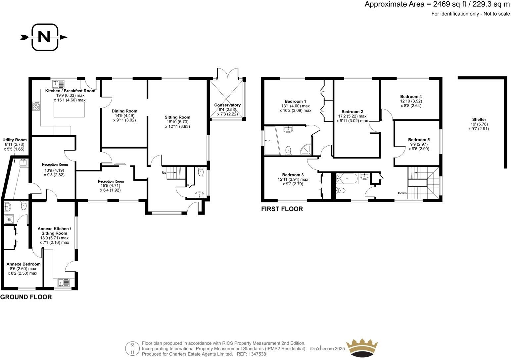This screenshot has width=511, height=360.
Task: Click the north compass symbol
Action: coord(44,37)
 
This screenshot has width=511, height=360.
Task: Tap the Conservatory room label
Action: coord(227,105)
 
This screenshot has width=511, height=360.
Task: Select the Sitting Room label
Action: coord(177,117)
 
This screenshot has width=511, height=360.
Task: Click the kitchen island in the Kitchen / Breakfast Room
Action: coord(69,110)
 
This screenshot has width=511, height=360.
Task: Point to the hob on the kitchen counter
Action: coord(36,106)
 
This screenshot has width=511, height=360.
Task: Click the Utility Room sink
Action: coord(23,162)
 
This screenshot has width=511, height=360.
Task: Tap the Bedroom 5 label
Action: coord(419,140)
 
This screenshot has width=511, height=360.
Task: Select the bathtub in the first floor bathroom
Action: coord(347,178)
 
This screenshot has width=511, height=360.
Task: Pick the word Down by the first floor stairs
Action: coord(402,193)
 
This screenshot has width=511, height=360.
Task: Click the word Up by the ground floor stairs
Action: coord(164,173)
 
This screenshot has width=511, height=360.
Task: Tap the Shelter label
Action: coord(479,119)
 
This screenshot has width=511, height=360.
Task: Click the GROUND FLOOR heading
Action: coord(26,297)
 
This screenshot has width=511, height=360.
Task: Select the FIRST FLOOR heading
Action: coord(282,209)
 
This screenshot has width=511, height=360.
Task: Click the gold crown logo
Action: coord(361,347)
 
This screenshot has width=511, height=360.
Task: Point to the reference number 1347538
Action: coord(257,354)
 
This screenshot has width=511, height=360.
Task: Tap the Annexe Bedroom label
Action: coord(23,264)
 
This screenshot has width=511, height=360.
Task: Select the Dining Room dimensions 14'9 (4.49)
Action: coord(124,115)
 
